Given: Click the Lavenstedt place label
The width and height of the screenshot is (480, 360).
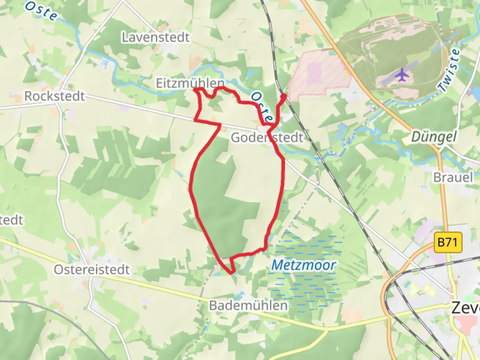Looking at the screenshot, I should pyautogui.click(x=156, y=37).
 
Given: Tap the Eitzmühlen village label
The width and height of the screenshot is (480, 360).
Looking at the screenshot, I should pyautogui.click(x=190, y=83).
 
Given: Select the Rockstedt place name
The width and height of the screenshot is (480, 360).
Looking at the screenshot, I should pyautogui.click(x=55, y=96).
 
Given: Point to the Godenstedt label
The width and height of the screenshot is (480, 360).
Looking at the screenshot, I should pyautogui.click(x=267, y=138).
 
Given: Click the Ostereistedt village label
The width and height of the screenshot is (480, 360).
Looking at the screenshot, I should pyautogui.click(x=92, y=270).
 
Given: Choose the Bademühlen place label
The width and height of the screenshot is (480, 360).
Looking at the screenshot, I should pyautogui.click(x=248, y=305).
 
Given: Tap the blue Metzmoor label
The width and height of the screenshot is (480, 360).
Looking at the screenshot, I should pyautogui.click(x=303, y=265).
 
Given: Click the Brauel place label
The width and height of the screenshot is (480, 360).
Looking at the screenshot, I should pyautogui.click(x=453, y=177).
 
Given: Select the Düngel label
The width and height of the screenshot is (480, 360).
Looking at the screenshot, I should pyautogui.click(x=434, y=137).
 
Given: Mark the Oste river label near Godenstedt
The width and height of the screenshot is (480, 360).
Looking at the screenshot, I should pyautogui.click(x=261, y=107).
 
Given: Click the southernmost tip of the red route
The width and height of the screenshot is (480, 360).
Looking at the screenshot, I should pyautogui.click(x=231, y=273).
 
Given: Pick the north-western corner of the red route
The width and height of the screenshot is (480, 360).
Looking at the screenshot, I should pyautogui.click(x=195, y=89).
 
